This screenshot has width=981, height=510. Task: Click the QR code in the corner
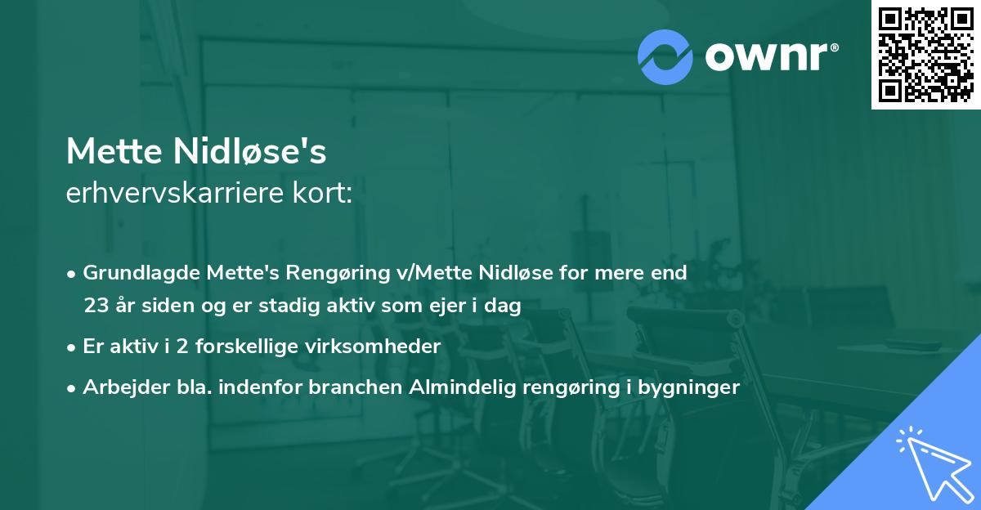pyautogui.click(x=926, y=54)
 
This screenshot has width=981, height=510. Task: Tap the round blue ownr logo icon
pyautogui.click(x=665, y=57)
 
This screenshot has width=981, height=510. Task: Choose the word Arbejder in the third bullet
pyautogui.click(x=119, y=387)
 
